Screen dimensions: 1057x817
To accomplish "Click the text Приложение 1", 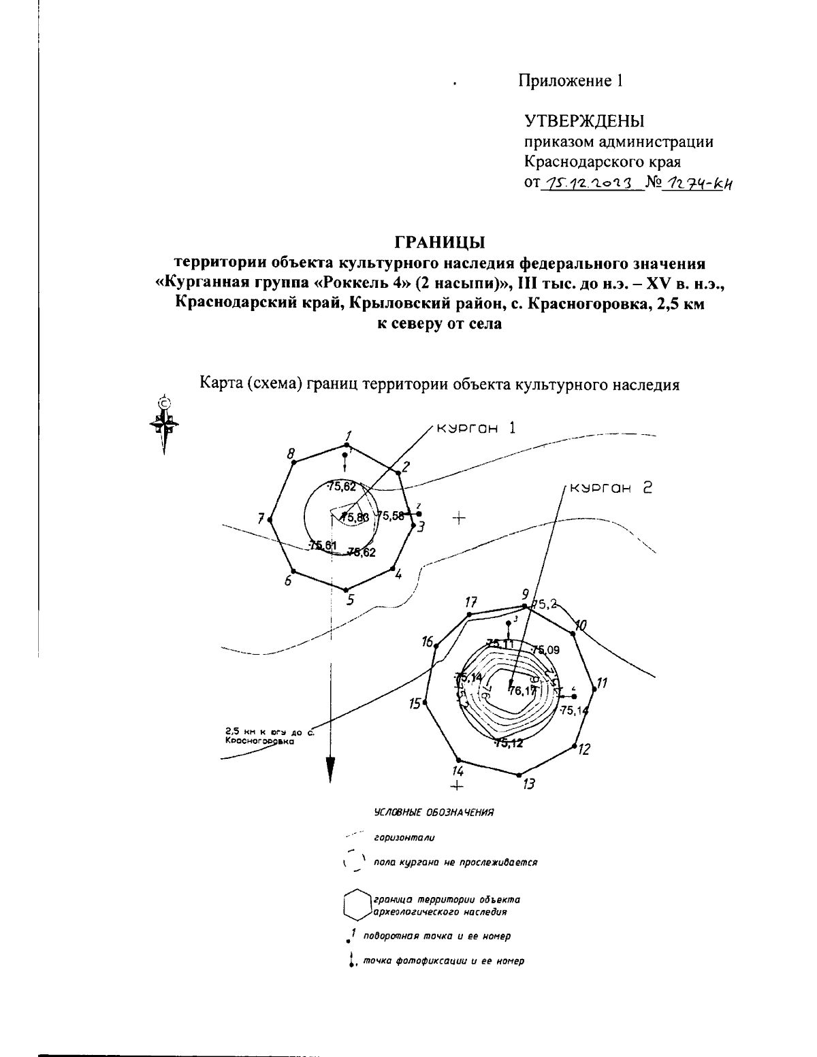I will pos(571,81).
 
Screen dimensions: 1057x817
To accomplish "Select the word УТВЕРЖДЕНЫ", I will pos(584,122).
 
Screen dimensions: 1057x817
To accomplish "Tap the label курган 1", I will pos(477,428).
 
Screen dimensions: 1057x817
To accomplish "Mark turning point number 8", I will pos(293,463).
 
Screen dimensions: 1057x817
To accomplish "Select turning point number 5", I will pos(346,589).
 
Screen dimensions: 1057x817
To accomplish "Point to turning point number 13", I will pos(519,775).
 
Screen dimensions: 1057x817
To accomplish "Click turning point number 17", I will pos(470,614).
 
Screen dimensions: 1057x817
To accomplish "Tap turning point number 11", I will pos(594,689).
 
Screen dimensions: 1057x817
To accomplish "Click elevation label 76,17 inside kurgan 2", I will pos(522,691).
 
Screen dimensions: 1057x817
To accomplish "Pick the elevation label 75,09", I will pos(546,649).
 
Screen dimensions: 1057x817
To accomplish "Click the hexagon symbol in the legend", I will pos(355,905).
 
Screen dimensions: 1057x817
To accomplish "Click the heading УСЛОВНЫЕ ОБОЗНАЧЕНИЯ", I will pos(434,813).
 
